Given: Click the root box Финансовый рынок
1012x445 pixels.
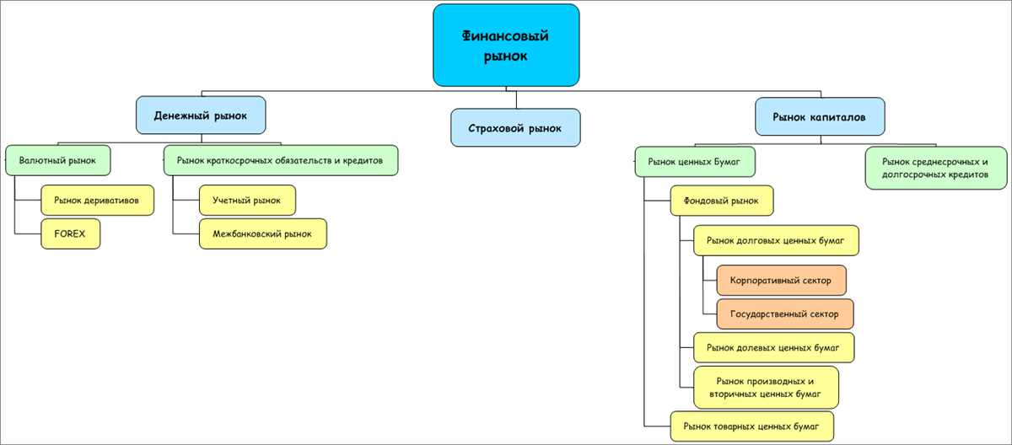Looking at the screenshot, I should click(x=506, y=46).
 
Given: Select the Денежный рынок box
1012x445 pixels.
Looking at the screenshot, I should click(x=201, y=115).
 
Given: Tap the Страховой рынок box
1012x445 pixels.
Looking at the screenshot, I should click(x=515, y=128).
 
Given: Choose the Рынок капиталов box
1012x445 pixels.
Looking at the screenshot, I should click(x=820, y=115).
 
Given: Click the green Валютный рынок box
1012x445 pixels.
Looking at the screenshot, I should click(x=58, y=159).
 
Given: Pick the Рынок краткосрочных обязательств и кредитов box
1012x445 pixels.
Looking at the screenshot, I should click(x=280, y=159).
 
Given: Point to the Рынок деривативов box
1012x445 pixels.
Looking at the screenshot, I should click(x=98, y=200).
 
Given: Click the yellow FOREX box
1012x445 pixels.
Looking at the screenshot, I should click(x=71, y=233).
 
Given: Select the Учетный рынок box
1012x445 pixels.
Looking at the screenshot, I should click(x=248, y=200).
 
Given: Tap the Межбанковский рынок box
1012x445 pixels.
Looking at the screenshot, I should click(x=263, y=233).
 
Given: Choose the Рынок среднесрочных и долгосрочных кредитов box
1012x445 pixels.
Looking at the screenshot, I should click(x=935, y=168).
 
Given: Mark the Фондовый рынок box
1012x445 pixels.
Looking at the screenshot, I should click(x=722, y=201).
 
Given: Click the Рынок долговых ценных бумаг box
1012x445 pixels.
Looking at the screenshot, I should click(x=775, y=240).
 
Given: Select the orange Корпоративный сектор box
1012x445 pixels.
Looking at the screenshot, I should click(x=781, y=280).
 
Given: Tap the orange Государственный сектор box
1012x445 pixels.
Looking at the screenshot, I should click(x=784, y=314).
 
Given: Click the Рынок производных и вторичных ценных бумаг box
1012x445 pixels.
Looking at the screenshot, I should click(x=766, y=387).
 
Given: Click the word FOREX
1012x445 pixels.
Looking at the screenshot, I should click(x=70, y=233).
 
